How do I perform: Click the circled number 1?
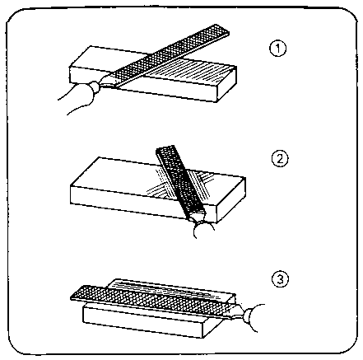tap(278, 49)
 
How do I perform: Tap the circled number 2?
tap(280, 159)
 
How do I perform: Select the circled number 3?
tap(280, 279)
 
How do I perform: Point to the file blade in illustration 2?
tap(180, 181)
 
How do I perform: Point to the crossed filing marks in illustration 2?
tap(179, 184)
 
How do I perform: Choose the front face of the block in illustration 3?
tap(142, 323)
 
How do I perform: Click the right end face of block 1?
tap(227, 84)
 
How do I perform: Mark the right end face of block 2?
tap(231, 199)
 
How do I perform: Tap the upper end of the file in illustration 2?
tap(165, 147)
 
